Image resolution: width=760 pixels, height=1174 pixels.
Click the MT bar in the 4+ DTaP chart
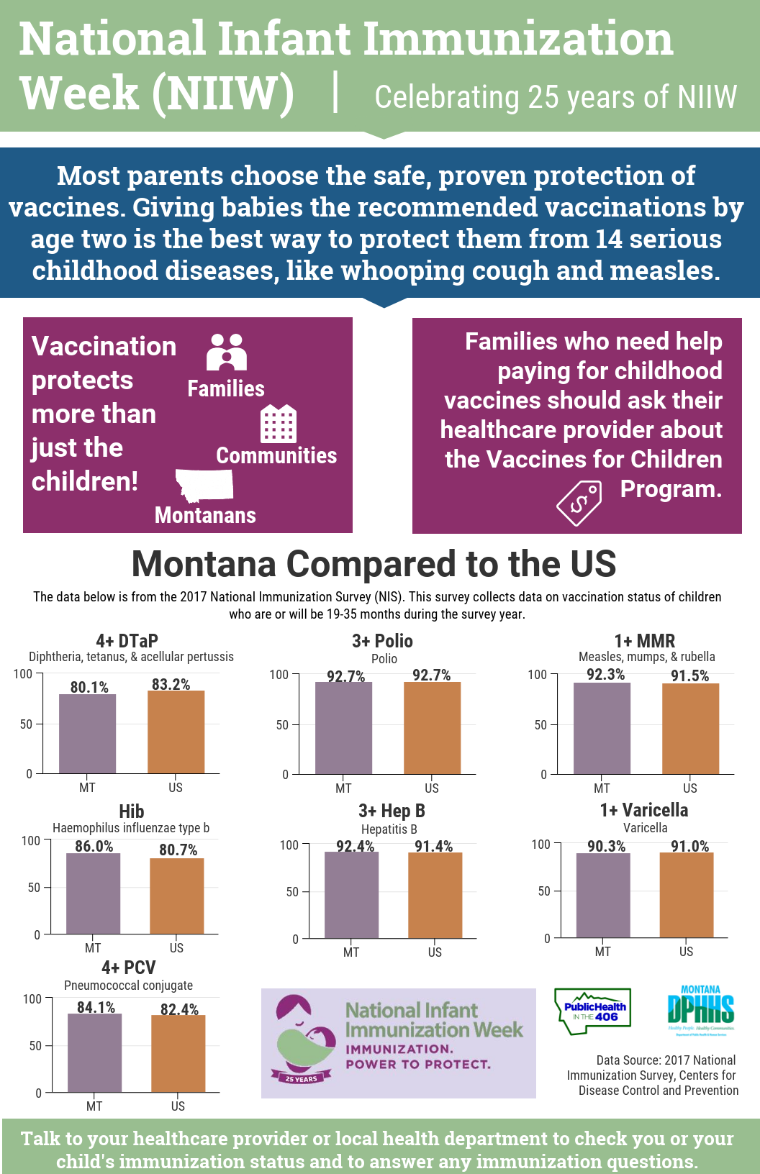tap(87, 734)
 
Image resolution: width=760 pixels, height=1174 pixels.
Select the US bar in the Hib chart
tap(177, 896)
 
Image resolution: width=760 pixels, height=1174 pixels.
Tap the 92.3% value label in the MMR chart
tap(605, 674)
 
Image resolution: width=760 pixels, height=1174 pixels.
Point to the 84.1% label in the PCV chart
tap(96, 1007)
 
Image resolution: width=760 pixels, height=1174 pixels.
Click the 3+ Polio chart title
tap(382, 640)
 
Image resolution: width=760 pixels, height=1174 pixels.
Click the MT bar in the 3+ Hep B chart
tap(351, 895)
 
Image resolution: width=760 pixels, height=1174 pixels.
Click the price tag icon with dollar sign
tap(579, 504)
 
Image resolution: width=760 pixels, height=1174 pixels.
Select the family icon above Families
tap(226, 352)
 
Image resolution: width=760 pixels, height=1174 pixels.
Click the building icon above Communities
tap(278, 423)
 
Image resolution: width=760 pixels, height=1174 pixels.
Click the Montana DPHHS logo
tap(700, 1009)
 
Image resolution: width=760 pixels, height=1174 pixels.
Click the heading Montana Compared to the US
tap(374, 563)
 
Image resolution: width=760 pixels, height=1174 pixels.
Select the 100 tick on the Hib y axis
tap(31, 840)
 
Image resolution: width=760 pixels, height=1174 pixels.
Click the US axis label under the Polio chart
tap(432, 788)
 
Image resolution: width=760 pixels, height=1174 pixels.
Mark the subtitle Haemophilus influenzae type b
tap(131, 828)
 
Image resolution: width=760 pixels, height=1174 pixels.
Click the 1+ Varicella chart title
tap(643, 810)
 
